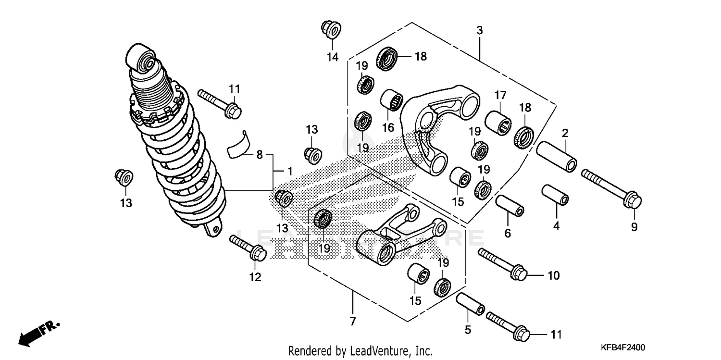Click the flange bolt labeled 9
pos(611,187)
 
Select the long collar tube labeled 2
pos(556,156)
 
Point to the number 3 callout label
pos(479,30)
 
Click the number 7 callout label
pos(353,322)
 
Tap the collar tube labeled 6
pos(510,205)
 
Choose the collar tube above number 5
pos(470,304)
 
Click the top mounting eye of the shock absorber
pos(141,60)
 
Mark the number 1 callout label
pos(290,171)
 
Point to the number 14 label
pos(333,57)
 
